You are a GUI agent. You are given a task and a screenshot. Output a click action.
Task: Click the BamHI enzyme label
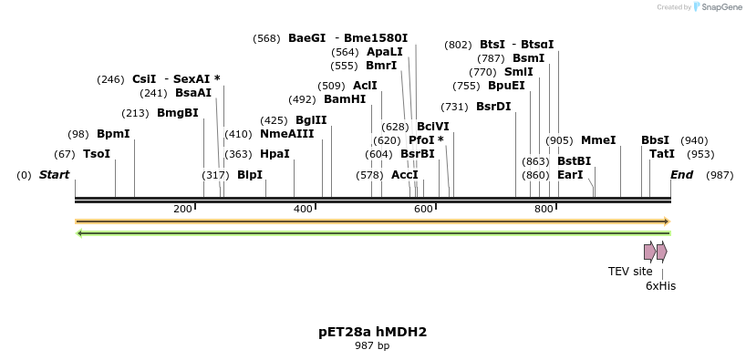[345, 99]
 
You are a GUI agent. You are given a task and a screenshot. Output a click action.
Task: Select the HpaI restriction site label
[275, 154]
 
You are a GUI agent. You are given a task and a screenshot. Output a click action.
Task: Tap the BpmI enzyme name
[113, 134]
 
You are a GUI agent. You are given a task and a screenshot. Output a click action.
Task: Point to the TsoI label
[97, 154]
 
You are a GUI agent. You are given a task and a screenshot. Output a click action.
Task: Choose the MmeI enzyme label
[598, 140]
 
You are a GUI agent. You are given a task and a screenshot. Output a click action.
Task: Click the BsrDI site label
[493, 107]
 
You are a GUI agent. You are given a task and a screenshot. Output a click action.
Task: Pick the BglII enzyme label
[311, 120]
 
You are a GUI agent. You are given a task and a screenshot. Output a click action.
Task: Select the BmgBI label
[177, 113]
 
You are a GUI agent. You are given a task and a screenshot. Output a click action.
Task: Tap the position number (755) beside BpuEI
[466, 86]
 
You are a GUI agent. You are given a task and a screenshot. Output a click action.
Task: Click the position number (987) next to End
[720, 175]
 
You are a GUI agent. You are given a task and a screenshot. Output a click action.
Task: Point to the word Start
[54, 175]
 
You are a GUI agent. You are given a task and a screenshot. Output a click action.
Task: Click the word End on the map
[681, 175]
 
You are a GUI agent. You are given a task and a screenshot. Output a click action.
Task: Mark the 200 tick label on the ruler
[182, 210]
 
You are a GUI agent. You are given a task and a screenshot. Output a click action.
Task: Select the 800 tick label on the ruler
[544, 210]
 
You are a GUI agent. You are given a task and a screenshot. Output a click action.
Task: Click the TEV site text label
[630, 271]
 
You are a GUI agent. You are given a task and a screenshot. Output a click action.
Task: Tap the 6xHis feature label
[660, 285]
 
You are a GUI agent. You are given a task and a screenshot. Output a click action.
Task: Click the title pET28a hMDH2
[372, 332]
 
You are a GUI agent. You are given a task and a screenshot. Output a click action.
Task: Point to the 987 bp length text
[372, 346]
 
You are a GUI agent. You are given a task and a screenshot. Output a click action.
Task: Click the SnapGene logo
[716, 7]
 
